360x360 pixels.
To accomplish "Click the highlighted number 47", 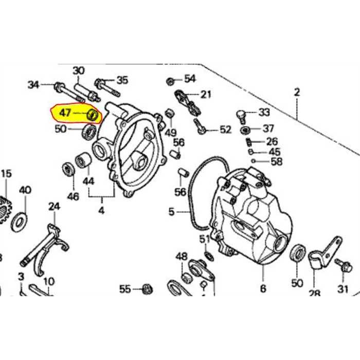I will coord(64,112).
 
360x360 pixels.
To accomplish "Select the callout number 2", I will coord(297,93).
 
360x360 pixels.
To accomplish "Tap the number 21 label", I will coord(206,94).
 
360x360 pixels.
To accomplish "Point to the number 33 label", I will coord(264,112).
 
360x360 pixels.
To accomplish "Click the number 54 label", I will coord(190,79).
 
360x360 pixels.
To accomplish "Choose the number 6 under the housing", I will coord(263,289).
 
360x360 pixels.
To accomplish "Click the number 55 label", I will coord(125,289).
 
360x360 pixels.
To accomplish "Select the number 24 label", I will coord(55,207).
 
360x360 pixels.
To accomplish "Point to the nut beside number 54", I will coord(170,81).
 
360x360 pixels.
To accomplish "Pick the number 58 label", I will coord(277,161).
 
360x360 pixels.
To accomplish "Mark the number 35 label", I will coord(122,80).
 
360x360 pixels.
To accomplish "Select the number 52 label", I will coord(225,130).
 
